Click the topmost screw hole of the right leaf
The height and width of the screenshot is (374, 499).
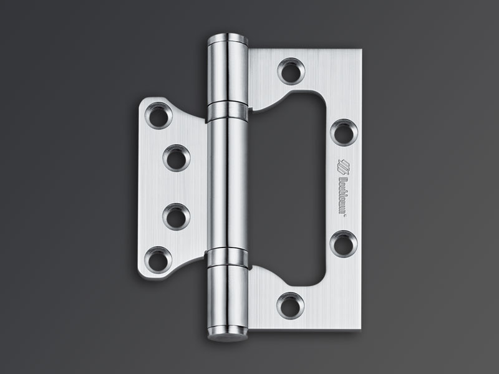290,70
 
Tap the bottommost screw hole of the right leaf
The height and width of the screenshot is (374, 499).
290,304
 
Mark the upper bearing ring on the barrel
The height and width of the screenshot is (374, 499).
227,110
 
